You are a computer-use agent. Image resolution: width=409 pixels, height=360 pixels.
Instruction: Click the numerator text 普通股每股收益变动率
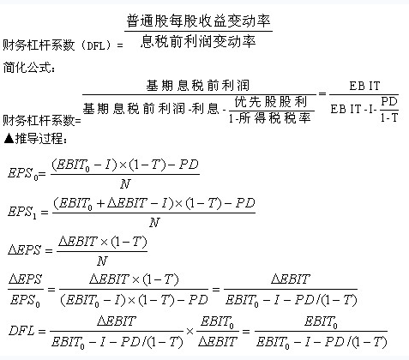(198, 21)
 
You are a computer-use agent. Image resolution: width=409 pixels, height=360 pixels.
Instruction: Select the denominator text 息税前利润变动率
(198, 42)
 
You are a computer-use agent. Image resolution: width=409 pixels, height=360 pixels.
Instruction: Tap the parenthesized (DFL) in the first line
(96, 45)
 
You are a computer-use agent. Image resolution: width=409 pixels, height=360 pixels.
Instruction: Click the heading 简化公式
(27, 68)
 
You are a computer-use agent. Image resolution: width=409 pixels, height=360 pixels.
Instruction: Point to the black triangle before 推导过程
(9, 139)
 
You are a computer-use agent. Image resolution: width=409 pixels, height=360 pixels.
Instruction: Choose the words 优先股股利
(271, 102)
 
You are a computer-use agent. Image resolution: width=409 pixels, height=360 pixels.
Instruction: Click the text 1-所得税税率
(269, 117)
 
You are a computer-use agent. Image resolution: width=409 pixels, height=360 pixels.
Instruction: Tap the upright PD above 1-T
(389, 101)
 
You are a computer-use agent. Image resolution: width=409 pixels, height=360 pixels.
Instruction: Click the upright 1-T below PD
(389, 117)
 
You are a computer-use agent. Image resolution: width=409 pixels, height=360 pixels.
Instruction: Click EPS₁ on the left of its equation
(22, 213)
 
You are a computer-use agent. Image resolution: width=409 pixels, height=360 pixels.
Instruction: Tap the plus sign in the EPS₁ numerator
(101, 203)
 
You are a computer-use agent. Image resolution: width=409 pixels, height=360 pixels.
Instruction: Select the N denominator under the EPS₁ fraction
(154, 222)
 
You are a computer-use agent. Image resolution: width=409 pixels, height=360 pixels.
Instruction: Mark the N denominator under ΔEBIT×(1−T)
(102, 261)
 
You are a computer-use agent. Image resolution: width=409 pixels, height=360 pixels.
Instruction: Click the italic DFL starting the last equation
(22, 331)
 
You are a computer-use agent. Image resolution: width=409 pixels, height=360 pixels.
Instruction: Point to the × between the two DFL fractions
(189, 332)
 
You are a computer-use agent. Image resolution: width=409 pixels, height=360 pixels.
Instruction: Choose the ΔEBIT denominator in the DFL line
(218, 341)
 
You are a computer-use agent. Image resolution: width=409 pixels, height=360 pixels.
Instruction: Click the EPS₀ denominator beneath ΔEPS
(25, 301)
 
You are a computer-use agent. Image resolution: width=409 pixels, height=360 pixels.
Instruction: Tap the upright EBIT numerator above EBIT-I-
(364, 86)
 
